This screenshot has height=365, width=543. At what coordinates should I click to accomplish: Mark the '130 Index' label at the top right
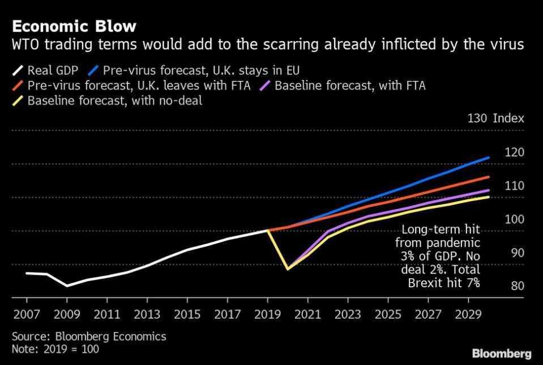click(495, 118)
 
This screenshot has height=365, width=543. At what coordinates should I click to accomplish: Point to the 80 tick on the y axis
click(517, 286)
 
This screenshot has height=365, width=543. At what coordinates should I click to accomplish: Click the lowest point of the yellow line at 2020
click(288, 269)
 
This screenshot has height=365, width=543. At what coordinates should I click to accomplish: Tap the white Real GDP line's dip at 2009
click(67, 286)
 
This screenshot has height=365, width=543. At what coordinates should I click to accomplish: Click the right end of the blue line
click(489, 158)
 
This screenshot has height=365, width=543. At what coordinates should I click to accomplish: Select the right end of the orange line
click(489, 177)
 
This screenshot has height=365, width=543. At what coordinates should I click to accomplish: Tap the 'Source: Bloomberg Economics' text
click(89, 336)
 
